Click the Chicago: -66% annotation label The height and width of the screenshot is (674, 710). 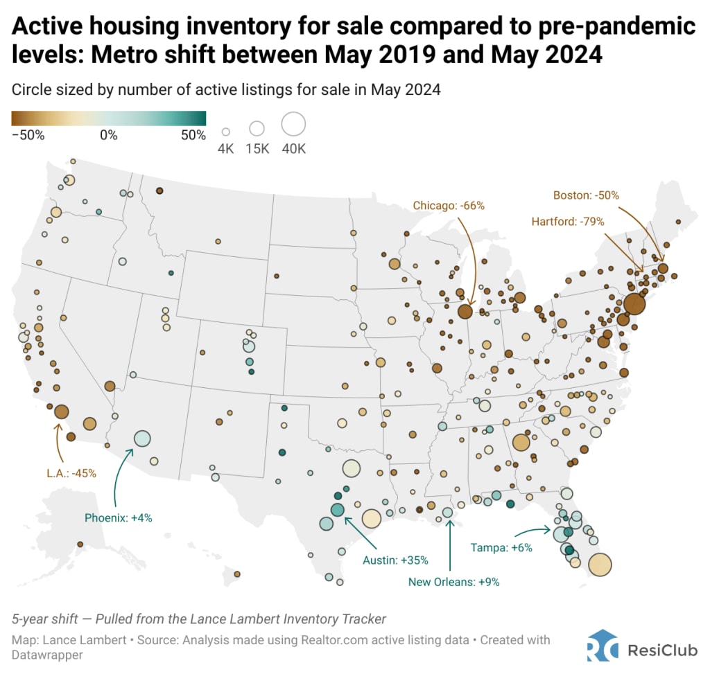(x=449, y=206)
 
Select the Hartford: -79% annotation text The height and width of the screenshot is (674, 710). (x=568, y=222)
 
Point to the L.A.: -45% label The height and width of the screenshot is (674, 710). (x=68, y=473)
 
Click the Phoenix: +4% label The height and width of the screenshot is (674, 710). (x=118, y=517)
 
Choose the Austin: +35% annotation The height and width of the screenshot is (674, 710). (x=396, y=560)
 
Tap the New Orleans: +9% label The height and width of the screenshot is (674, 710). (x=454, y=582)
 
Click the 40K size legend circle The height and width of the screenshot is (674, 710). (x=293, y=125)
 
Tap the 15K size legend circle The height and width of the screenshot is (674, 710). (x=257, y=128)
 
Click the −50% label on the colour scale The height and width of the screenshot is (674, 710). (x=28, y=135)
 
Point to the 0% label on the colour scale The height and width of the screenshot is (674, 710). (x=108, y=135)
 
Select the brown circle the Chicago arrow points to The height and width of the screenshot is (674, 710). (x=465, y=312)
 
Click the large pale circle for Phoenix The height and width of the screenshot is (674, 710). (x=142, y=438)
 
